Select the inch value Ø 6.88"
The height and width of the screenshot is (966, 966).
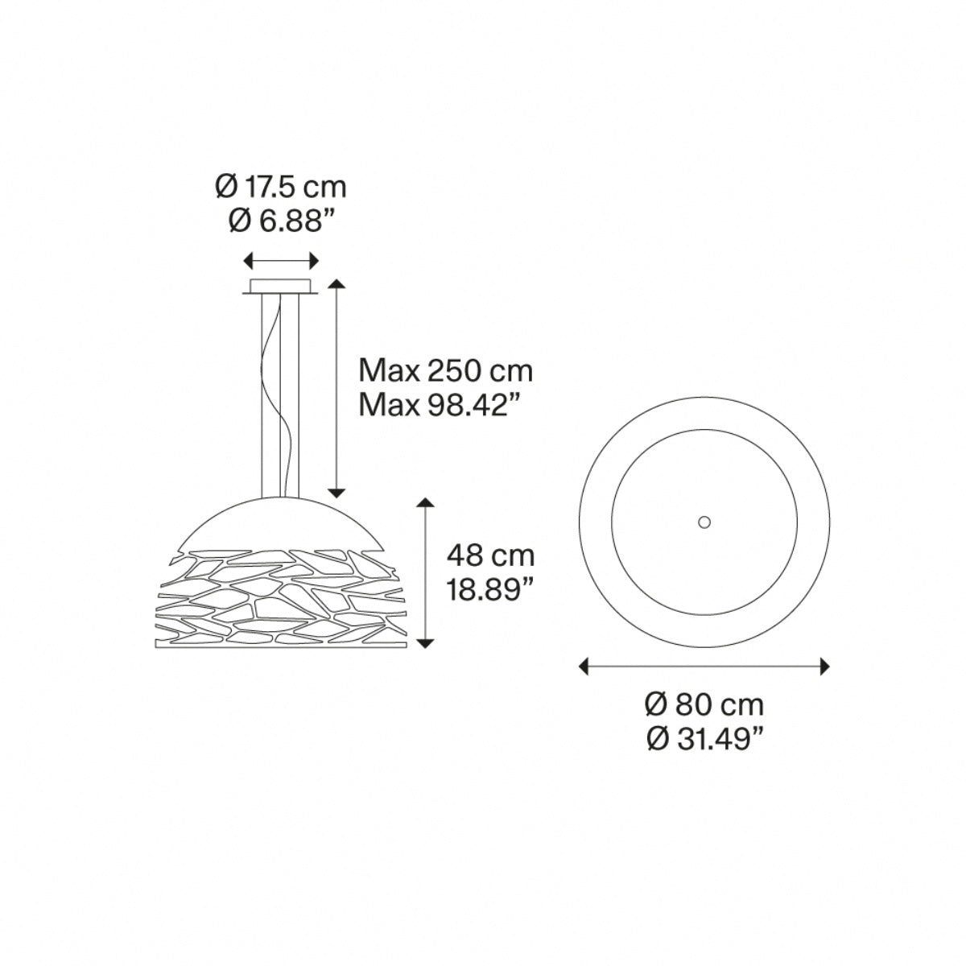pyautogui.click(x=281, y=221)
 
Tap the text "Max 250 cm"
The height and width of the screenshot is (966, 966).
pyautogui.click(x=446, y=371)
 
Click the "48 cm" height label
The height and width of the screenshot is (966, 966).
pyautogui.click(x=491, y=556)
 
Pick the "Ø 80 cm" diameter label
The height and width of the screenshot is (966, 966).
pyautogui.click(x=704, y=705)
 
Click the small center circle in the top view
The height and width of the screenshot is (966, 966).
pyautogui.click(x=704, y=522)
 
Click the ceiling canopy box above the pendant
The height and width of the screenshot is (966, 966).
pyautogui.click(x=281, y=287)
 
